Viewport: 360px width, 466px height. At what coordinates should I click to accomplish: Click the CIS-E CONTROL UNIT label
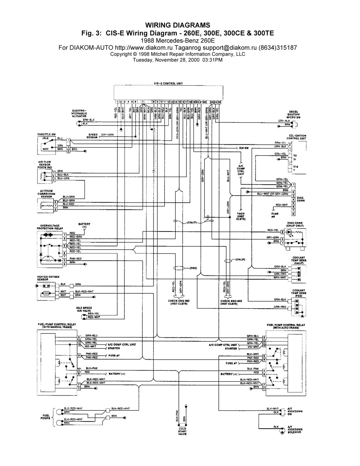(x=168, y=84)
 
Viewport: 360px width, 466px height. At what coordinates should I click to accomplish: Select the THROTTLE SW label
(x=46, y=134)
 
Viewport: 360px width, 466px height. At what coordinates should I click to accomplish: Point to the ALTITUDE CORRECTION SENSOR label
(x=46, y=194)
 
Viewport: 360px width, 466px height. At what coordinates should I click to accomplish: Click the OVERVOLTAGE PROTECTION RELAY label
(x=50, y=227)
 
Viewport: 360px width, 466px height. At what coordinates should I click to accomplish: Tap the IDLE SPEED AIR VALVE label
(x=84, y=309)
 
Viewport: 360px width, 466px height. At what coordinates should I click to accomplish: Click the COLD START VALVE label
(x=182, y=431)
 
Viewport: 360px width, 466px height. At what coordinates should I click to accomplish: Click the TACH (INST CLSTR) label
(x=241, y=216)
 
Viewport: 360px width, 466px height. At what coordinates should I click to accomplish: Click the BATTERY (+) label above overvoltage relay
(x=84, y=225)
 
